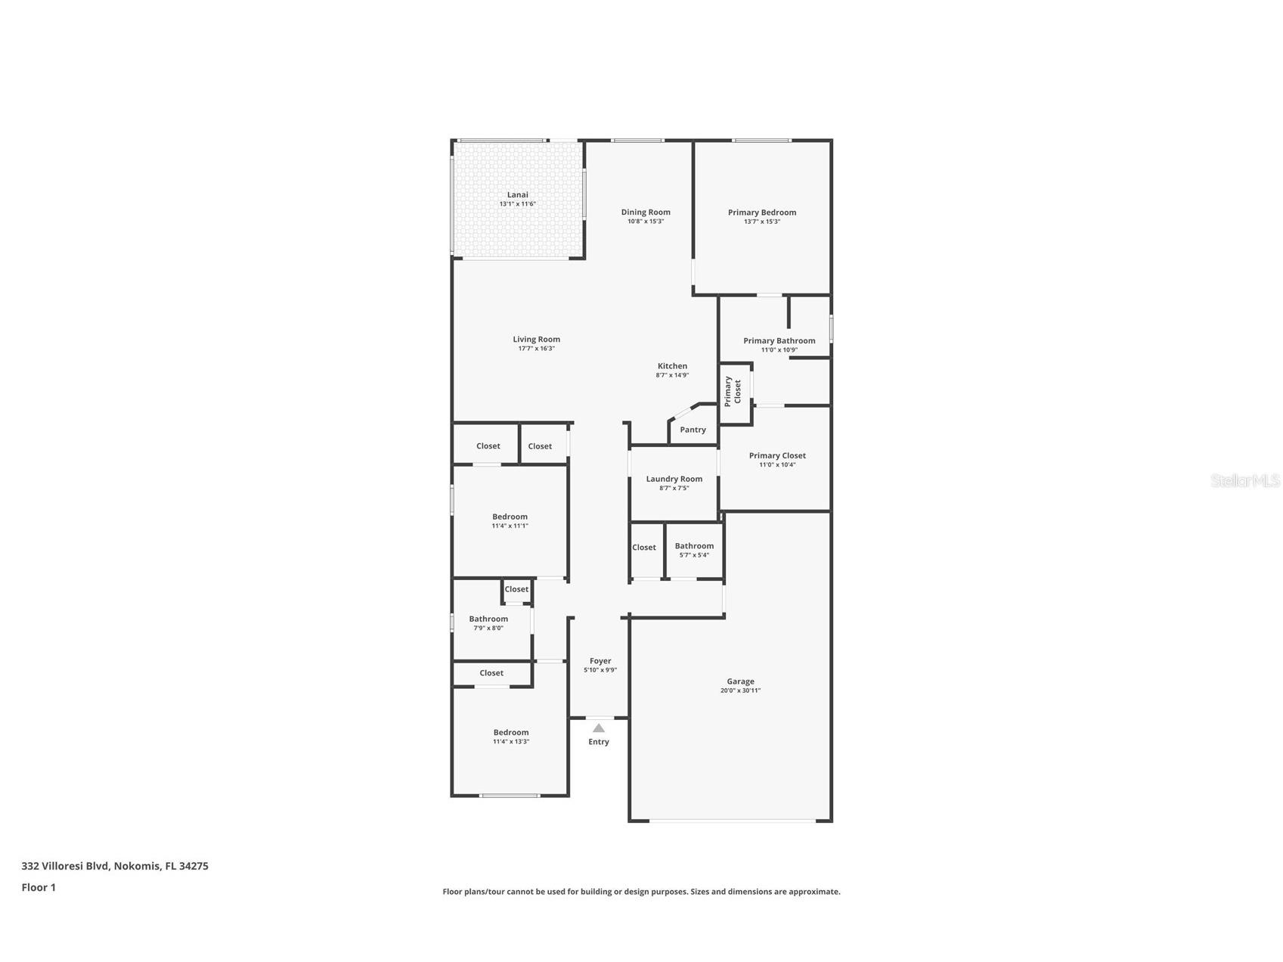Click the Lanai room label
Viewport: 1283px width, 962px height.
pos(517,195)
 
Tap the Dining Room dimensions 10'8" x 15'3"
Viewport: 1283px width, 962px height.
pos(646,222)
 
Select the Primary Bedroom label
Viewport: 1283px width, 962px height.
pos(761,213)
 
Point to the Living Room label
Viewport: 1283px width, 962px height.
pos(536,340)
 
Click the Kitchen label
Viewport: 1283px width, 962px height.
pos(671,366)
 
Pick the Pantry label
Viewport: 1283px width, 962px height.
pos(693,430)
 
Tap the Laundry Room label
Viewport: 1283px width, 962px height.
pos(674,479)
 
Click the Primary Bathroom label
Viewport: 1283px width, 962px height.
pos(779,341)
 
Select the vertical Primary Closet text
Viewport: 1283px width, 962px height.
pos(733,391)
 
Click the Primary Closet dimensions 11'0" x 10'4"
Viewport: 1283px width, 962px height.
pos(777,465)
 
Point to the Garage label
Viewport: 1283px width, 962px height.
pos(740,681)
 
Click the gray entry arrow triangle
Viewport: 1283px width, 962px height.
pos(598,728)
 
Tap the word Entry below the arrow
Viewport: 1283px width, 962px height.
pos(598,742)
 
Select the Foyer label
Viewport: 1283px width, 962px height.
pos(600,661)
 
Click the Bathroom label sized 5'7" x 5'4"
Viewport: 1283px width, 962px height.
pos(694,546)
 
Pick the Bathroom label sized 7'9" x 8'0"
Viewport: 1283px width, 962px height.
pos(488,619)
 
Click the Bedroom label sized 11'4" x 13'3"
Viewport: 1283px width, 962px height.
pos(511,732)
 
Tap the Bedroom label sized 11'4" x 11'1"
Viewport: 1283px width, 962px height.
pos(510,517)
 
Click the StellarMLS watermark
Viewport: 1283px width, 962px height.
pos(1244,480)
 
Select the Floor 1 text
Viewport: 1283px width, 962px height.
pos(39,888)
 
